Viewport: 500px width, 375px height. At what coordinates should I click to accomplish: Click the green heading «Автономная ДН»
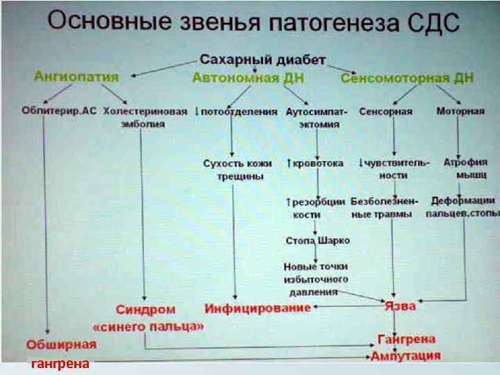pos(247,78)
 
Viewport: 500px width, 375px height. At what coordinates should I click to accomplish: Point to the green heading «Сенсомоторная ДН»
pos(407,78)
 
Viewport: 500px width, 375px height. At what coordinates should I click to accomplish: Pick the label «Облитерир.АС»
pos(60,111)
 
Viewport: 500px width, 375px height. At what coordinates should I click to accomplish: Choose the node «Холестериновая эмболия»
pos(145,117)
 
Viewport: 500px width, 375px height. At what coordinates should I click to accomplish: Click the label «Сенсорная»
pos(385,111)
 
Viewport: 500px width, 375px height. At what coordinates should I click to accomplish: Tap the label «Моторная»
pos(460,111)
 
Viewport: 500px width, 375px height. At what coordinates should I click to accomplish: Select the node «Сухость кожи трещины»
pos(237,169)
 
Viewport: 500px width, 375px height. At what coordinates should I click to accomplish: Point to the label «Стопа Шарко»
pos(317,240)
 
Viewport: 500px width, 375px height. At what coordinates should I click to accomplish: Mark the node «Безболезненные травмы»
pos(385,208)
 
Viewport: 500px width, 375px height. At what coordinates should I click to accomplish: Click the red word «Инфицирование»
pos(257,306)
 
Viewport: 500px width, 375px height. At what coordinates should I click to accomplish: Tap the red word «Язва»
pos(401,306)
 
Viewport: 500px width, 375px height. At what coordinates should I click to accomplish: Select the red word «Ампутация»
pos(406,356)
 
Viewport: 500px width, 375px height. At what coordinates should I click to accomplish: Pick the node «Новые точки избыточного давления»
pos(316,279)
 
